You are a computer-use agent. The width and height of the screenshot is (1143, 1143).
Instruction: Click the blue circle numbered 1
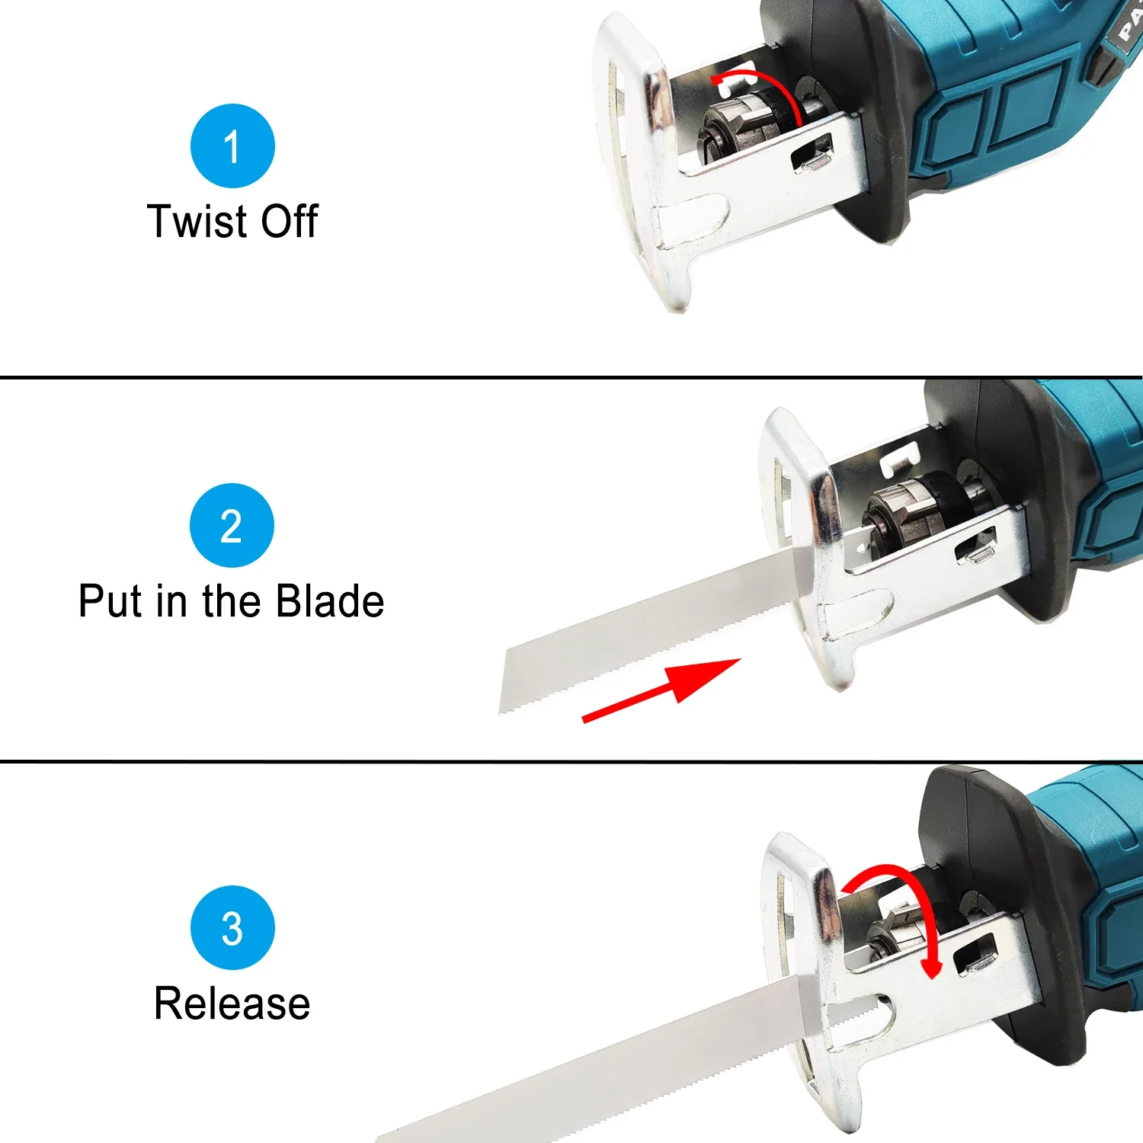(232, 146)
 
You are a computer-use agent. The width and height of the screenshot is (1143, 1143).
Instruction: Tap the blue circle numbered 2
(232, 526)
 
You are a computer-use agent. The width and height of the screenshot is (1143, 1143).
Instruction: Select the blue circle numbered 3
(232, 927)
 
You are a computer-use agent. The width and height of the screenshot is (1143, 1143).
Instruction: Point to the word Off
(289, 222)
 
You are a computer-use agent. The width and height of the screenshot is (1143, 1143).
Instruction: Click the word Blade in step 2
(329, 601)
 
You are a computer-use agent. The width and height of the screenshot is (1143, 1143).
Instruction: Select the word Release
(232, 1003)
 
